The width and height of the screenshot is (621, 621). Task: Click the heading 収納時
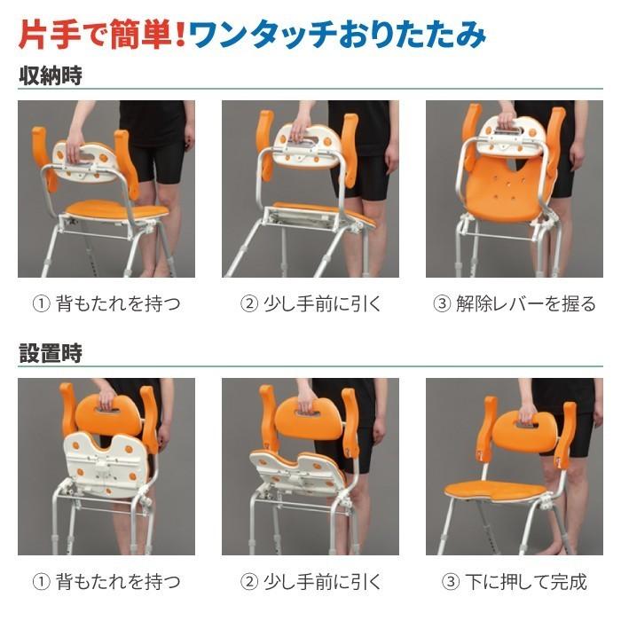coord(50,75)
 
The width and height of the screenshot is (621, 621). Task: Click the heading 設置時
coord(50,353)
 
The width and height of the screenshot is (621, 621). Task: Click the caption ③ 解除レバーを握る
coord(515,304)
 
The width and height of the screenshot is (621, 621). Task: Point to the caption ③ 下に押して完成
coord(515,582)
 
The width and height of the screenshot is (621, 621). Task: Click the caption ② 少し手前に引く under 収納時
coord(310,304)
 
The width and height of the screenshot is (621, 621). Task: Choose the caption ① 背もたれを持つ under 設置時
coord(106,582)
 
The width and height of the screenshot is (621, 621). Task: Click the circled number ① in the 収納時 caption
coord(41,304)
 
